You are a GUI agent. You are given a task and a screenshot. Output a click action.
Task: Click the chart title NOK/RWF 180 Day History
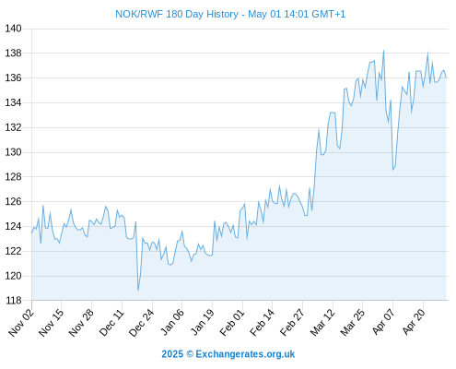tap(177, 14)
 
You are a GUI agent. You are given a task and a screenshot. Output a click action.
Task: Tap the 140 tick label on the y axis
tap(13, 29)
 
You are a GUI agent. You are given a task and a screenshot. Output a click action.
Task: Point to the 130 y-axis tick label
tap(13, 152)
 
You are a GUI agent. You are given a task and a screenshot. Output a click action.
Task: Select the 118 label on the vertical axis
tap(13, 301)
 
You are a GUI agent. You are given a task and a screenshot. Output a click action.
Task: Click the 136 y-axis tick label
tap(13, 78)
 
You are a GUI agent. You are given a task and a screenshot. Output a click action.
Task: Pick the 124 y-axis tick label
tap(13, 227)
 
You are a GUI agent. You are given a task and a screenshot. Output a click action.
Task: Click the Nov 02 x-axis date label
tap(21, 322)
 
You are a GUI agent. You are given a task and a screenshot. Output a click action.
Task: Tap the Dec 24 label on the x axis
tap(142, 322)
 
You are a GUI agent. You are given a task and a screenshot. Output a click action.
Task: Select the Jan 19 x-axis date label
tap(202, 322)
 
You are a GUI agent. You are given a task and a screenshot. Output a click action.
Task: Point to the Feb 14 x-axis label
tap(262, 322)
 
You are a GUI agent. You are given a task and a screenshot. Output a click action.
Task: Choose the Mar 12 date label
tap(322, 322)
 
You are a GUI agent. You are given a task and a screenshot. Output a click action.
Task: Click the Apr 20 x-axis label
tap(414, 322)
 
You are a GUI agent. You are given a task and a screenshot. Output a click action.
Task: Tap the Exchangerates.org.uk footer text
tap(245, 354)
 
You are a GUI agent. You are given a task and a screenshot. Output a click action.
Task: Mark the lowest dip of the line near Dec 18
tap(138, 290)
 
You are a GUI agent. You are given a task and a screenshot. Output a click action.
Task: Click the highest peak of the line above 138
tap(383, 51)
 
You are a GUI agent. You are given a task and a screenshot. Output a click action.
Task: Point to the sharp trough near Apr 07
tap(392, 170)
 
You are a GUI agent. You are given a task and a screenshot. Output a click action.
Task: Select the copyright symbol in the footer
tap(190, 354)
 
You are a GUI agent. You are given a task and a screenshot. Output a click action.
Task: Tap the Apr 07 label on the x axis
tap(383, 322)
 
